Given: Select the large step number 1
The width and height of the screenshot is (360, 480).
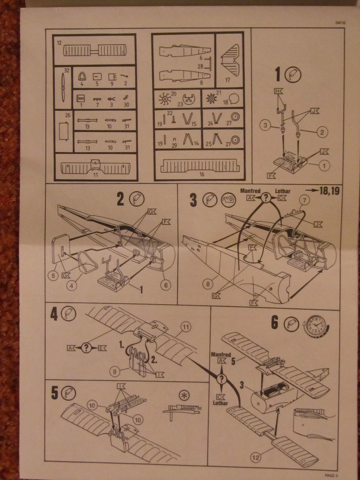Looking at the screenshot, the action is [x=281, y=75].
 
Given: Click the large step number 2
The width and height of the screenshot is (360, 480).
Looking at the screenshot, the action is [x=121, y=200].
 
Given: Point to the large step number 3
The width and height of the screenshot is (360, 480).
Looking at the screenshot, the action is [x=193, y=200].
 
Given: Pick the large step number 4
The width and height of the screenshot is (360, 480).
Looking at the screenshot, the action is [x=54, y=314].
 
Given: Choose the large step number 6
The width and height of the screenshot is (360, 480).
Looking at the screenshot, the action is [x=274, y=323].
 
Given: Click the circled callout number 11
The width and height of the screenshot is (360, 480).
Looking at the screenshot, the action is [x=185, y=328].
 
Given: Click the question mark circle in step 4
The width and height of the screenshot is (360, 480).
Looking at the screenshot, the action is [x=86, y=348].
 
